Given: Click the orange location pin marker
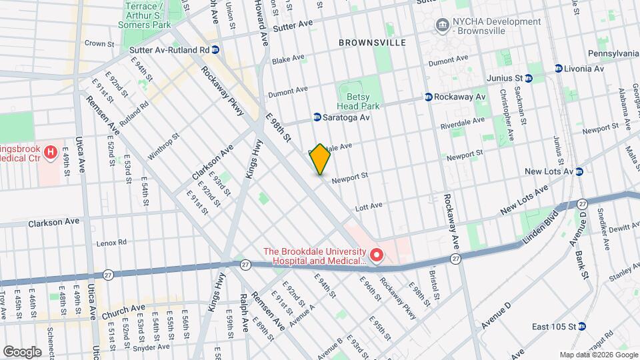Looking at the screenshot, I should (x=321, y=159).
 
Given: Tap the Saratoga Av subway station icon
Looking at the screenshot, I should (x=317, y=117).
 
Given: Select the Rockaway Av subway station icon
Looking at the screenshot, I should (x=429, y=97).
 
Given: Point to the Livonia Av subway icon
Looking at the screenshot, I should (x=559, y=69).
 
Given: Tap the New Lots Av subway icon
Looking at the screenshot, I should (x=579, y=171).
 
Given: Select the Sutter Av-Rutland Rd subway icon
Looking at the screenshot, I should (x=215, y=50).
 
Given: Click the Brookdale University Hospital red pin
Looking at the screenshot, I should (x=377, y=255).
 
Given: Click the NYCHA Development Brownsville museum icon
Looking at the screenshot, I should (x=441, y=26).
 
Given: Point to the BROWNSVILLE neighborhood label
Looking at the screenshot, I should (x=372, y=43).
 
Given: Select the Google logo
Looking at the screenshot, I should (x=23, y=351).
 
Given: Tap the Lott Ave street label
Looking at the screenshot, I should (x=369, y=205).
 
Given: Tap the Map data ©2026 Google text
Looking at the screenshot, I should (x=598, y=355).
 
